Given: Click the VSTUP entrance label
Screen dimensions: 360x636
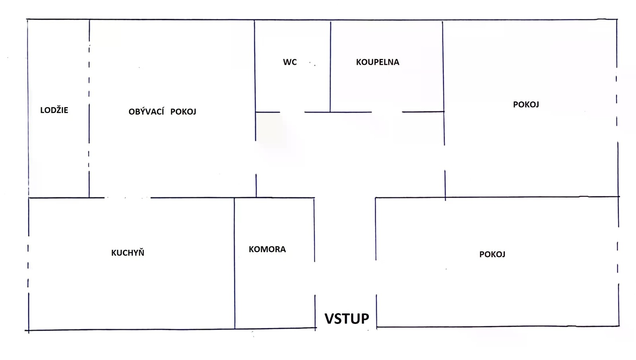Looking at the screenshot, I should (x=347, y=319).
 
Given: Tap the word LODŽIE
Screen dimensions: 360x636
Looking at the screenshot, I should (x=54, y=110).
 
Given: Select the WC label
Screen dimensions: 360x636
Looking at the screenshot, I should (x=290, y=62).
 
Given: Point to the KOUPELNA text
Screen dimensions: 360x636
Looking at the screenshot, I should (x=377, y=62).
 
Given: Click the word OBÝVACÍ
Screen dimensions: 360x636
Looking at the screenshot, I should (x=146, y=112).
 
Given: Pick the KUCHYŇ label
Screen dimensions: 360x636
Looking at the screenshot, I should (x=128, y=253).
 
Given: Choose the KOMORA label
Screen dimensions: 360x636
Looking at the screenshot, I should (x=267, y=249).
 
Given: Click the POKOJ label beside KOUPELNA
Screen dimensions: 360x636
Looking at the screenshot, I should (x=526, y=105).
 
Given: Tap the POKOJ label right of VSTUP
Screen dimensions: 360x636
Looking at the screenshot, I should (x=492, y=255).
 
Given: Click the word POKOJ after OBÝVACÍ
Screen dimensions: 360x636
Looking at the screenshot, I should (x=183, y=112).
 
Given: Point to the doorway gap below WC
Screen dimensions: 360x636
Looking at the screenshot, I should (x=292, y=112).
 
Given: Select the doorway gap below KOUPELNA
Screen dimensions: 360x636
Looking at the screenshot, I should (x=387, y=112).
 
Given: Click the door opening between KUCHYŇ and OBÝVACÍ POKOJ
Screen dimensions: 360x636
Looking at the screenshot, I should (x=127, y=198).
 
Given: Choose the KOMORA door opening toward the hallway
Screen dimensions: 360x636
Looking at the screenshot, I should (x=315, y=278).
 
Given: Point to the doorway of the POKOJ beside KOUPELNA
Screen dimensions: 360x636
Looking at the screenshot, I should (x=444, y=158).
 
